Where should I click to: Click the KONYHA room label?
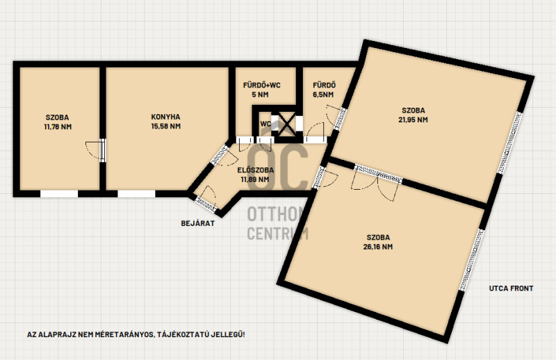(165, 117)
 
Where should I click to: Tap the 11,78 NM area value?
(58, 126)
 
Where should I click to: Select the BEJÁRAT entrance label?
(198, 223)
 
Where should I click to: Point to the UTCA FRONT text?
(511, 288)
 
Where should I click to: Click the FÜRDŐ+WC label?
(262, 85)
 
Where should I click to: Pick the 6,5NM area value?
(323, 95)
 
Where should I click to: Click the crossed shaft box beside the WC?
(286, 124)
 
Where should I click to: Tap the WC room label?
(265, 124)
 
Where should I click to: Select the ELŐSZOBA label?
(255, 170)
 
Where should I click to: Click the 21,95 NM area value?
(413, 120)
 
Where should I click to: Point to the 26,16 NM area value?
(378, 247)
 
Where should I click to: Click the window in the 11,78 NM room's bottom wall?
(59, 194)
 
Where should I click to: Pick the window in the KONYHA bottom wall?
(136, 194)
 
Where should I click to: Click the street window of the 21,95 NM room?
(509, 142)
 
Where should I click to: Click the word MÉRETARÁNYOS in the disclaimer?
(124, 334)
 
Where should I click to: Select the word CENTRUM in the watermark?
(277, 234)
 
